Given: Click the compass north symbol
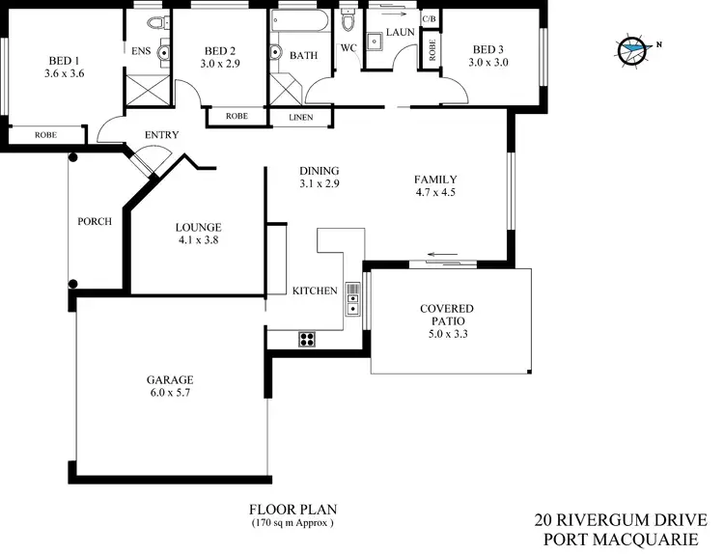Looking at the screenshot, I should (634, 46).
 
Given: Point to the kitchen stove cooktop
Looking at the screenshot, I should (308, 338).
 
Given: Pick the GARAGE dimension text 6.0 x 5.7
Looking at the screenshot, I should (171, 392).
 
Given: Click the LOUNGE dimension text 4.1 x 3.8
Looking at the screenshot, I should (198, 241).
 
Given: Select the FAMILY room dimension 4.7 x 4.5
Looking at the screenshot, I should (434, 192).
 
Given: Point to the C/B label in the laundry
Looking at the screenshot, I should (430, 19).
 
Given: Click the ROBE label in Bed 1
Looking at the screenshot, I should (45, 135).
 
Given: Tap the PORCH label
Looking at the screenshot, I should (95, 221).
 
